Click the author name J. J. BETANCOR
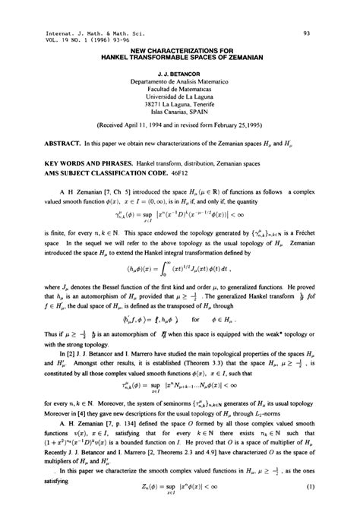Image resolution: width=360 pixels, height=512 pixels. tap(180, 76)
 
